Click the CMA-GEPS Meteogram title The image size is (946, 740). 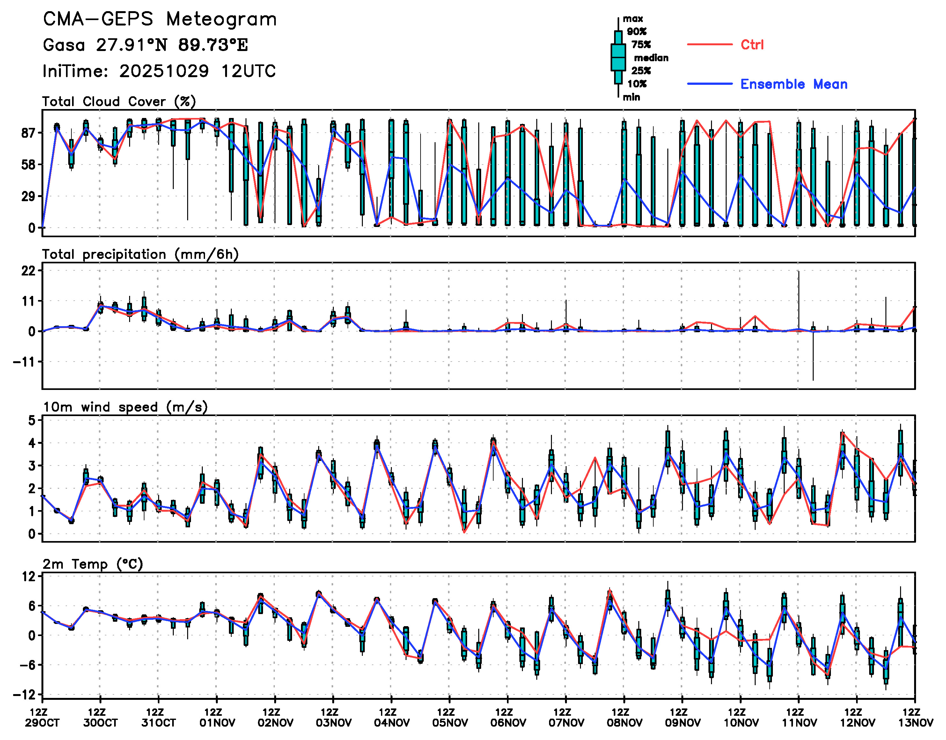point(160,19)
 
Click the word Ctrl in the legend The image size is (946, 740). point(752,45)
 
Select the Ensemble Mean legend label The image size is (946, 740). point(794,84)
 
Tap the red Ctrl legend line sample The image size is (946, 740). point(709,44)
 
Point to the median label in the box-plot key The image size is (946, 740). point(651,58)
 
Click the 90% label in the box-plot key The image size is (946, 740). point(636,32)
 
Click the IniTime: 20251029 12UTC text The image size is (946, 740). point(159,71)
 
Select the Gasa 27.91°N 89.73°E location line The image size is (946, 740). point(145,45)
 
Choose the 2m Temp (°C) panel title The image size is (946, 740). point(93,564)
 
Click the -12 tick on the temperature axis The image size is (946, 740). point(24,694)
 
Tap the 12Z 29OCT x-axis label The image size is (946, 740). point(42,717)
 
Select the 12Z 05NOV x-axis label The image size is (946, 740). point(450,717)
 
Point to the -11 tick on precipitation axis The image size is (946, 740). point(24,362)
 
